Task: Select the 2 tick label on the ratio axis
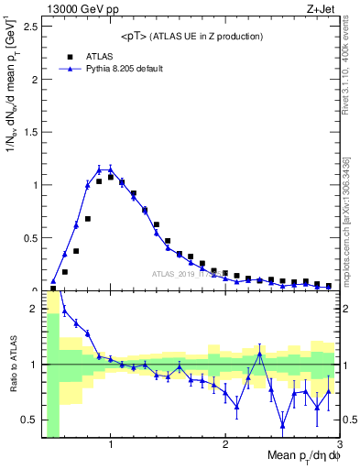click(34, 310)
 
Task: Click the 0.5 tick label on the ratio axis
click(30, 420)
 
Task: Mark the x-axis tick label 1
click(111, 446)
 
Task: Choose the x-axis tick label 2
click(225, 446)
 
